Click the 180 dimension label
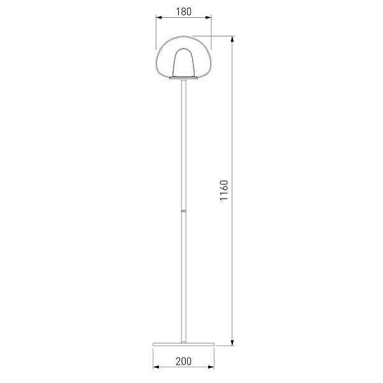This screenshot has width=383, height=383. click(184, 11)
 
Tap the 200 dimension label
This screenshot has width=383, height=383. click(183, 361)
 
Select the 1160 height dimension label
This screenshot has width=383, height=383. click(224, 190)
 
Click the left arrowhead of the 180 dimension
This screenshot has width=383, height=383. click(159, 17)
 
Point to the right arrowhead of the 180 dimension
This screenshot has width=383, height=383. click(208, 17)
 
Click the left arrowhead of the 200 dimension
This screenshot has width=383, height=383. click(156, 367)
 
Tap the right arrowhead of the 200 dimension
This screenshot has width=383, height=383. click(211, 367)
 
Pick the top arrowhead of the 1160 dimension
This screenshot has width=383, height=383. click(232, 39)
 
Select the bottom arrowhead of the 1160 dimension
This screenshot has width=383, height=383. click(232, 342)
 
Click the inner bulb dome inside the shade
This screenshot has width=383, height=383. click(183, 63)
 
